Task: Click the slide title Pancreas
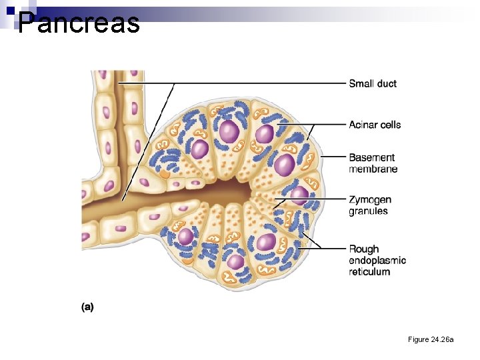(79, 23)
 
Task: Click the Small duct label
(373, 83)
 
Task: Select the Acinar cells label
(375, 125)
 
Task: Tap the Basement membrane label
(373, 163)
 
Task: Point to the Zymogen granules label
(370, 205)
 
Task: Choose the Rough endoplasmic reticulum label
(377, 260)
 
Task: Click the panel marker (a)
(87, 307)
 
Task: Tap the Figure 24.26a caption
(431, 340)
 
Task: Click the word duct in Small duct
(387, 83)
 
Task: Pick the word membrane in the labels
(373, 169)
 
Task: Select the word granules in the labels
(368, 211)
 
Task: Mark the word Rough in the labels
(364, 249)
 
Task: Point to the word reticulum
(369, 271)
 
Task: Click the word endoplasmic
(377, 260)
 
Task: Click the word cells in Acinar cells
(391, 125)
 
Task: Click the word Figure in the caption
(419, 340)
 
